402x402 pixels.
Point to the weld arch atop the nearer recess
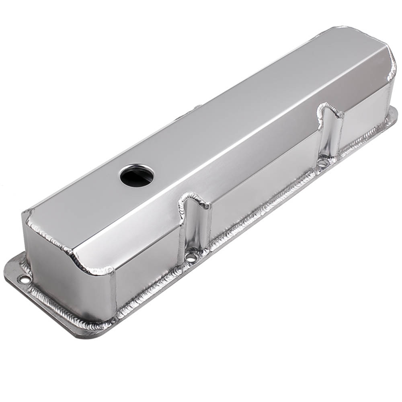click(x=194, y=198)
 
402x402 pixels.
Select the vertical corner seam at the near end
click(x=113, y=293)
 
